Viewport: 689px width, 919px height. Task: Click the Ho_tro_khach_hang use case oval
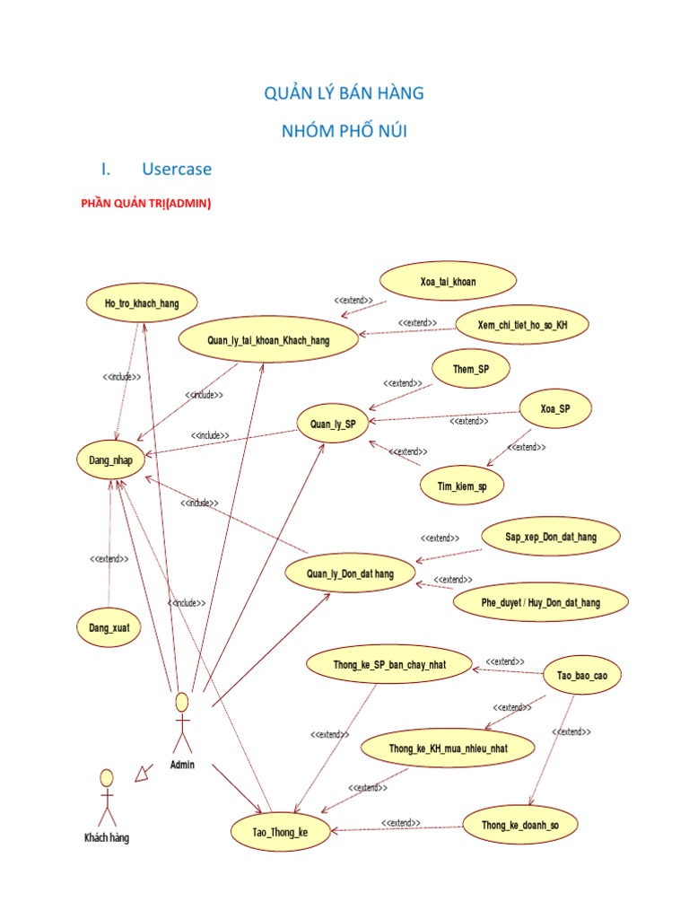(x=141, y=303)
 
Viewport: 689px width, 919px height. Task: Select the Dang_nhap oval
(x=110, y=460)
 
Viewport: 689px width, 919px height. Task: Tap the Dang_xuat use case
(x=109, y=627)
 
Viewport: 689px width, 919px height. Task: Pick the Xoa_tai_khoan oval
(x=448, y=282)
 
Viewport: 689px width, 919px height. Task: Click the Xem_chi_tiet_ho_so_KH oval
(x=523, y=324)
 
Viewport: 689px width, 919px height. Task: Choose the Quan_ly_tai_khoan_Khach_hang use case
(x=268, y=340)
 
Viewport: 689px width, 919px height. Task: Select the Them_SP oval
(x=470, y=369)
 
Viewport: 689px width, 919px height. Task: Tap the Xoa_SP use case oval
(x=555, y=409)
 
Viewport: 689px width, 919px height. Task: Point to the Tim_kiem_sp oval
(x=463, y=486)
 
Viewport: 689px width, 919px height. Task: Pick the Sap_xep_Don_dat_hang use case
(x=551, y=537)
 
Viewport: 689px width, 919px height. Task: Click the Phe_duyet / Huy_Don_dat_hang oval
(x=539, y=602)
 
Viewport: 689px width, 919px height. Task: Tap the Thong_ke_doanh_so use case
(x=520, y=825)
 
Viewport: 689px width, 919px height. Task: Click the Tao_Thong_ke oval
(x=269, y=832)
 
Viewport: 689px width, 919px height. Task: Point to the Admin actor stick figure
(x=182, y=722)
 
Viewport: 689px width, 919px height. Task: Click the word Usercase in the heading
(x=177, y=169)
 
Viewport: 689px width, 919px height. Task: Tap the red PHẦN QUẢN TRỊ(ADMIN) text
(x=146, y=203)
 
